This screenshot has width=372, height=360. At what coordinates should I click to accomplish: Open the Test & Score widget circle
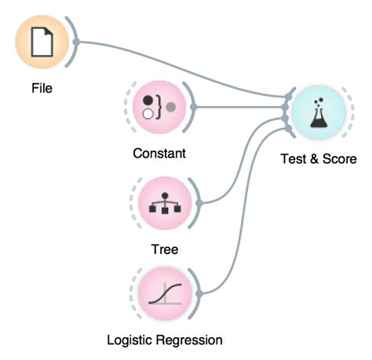click(x=318, y=113)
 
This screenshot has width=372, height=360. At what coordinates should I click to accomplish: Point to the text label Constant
click(x=159, y=154)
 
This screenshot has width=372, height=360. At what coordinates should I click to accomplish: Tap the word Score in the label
click(x=341, y=159)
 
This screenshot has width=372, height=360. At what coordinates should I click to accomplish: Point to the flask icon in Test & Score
click(x=318, y=114)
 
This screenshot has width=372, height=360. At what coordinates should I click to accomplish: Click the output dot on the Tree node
click(x=200, y=202)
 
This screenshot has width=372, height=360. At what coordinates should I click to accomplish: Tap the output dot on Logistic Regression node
click(x=200, y=293)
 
